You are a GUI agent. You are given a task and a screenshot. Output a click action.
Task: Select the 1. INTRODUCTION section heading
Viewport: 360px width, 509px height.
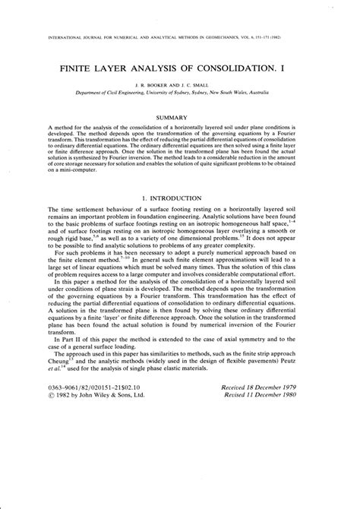click(x=180, y=198)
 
